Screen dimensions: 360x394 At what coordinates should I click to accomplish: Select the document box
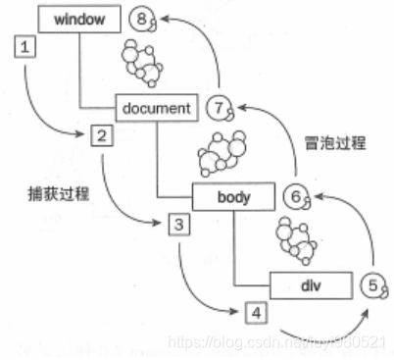(x=158, y=107)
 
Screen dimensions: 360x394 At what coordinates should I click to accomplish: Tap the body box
(x=232, y=197)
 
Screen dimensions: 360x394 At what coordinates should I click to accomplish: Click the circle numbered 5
(x=371, y=286)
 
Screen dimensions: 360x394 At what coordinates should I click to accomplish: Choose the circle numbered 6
(x=295, y=197)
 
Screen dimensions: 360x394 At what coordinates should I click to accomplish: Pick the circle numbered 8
(x=145, y=19)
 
